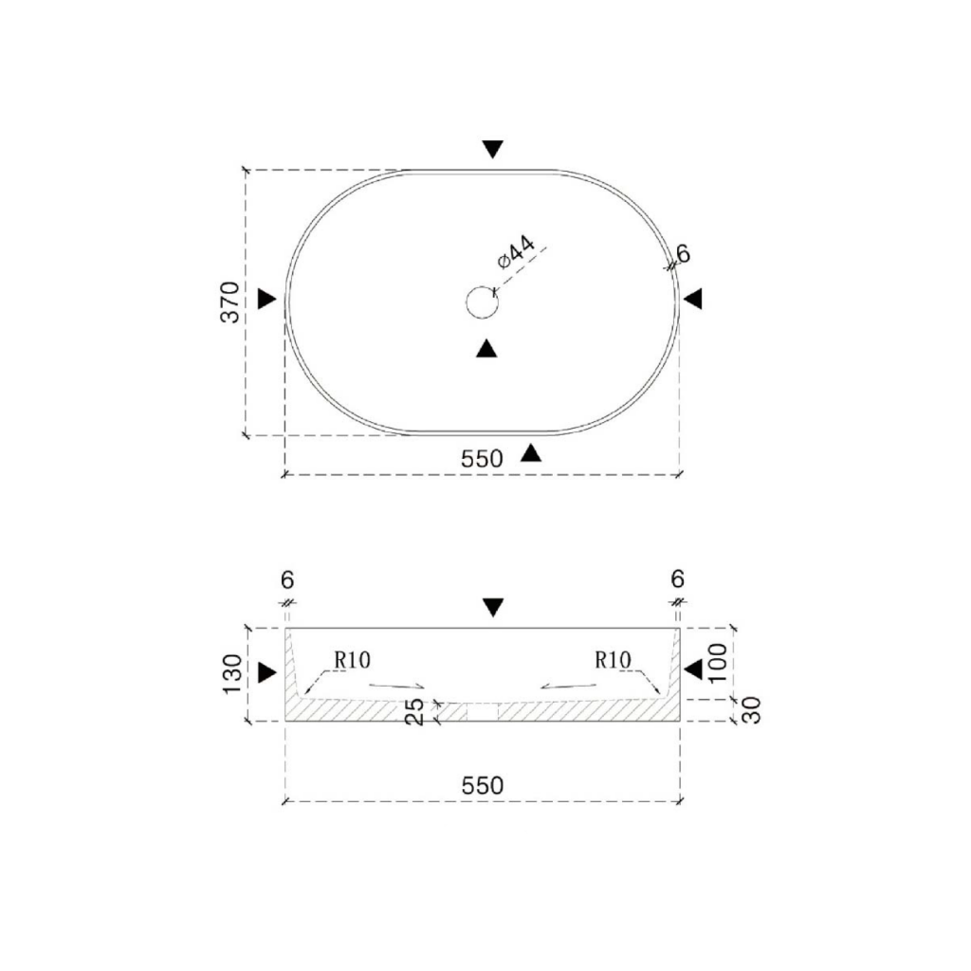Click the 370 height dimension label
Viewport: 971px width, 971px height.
[x=230, y=302]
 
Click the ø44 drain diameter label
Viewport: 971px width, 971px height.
[x=515, y=252]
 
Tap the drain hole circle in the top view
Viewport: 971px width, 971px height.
[x=482, y=302]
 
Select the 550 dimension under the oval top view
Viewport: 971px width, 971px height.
[x=482, y=459]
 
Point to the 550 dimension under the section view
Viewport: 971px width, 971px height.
[x=483, y=786]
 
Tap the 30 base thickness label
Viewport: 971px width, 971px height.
[x=751, y=710]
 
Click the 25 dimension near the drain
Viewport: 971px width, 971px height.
[x=414, y=712]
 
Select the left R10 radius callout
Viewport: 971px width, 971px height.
[x=353, y=660]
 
